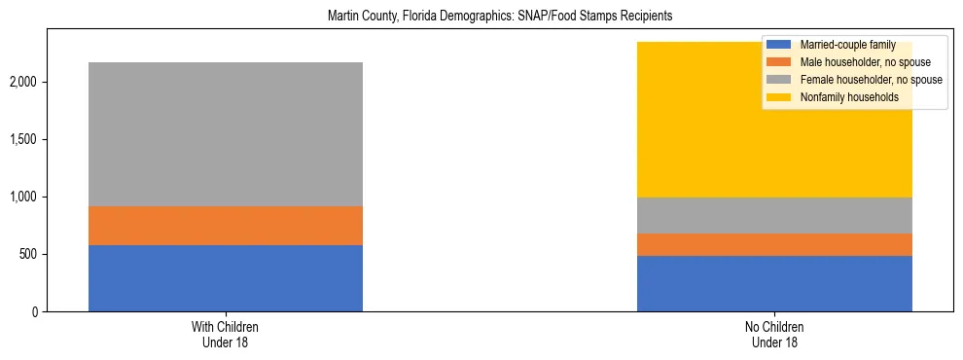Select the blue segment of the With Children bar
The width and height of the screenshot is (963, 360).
pyautogui.click(x=226, y=278)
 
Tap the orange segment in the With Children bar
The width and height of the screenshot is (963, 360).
pyautogui.click(x=226, y=226)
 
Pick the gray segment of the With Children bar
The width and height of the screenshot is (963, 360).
pyautogui.click(x=226, y=134)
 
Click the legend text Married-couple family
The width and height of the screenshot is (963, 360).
pyautogui.click(x=846, y=46)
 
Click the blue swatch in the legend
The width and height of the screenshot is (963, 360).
pyautogui.click(x=779, y=46)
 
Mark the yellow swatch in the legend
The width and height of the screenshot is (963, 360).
pyautogui.click(x=779, y=98)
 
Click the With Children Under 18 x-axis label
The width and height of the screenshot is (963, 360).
pyautogui.click(x=226, y=335)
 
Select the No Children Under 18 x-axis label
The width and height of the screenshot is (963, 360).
pyautogui.click(x=774, y=335)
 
